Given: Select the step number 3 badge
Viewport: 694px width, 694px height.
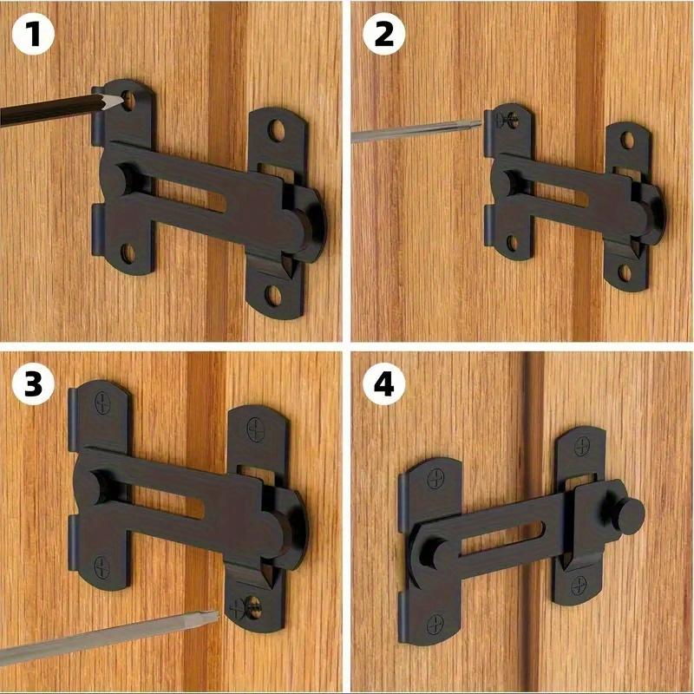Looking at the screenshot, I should (x=33, y=383).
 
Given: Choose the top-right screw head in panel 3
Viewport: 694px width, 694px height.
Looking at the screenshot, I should (x=256, y=426).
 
